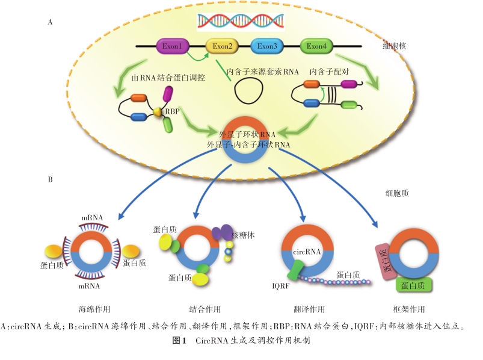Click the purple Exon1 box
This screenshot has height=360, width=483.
(x=171, y=46)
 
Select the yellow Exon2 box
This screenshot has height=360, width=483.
(x=222, y=46)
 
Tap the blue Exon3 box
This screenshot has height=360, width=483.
(x=267, y=46)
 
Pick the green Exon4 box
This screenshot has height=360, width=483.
(x=316, y=46)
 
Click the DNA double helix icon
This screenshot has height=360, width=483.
(x=241, y=20)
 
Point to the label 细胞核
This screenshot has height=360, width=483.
(x=395, y=45)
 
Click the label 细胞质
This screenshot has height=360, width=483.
(x=398, y=194)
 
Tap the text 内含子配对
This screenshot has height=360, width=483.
(x=329, y=71)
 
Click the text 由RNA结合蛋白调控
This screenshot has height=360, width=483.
(x=167, y=77)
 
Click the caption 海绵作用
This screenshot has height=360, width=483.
(x=94, y=309)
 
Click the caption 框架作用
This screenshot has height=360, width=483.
(x=409, y=309)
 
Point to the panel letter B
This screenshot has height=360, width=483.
(x=51, y=179)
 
